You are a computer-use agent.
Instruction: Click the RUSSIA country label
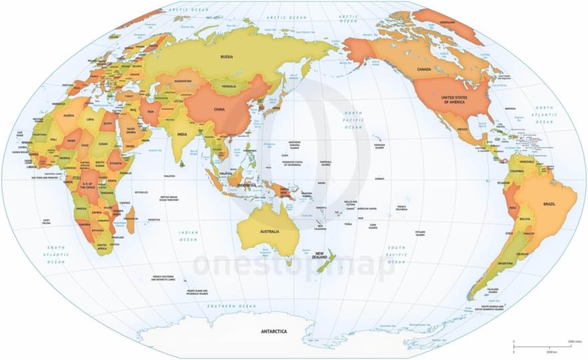[x=227, y=57]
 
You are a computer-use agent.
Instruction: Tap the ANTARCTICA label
[x=273, y=331]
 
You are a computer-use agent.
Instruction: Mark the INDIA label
[x=182, y=134]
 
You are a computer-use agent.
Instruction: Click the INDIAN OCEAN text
[x=188, y=236]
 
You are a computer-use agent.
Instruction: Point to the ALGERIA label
[x=69, y=116]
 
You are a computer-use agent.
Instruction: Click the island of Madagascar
[x=130, y=221]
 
